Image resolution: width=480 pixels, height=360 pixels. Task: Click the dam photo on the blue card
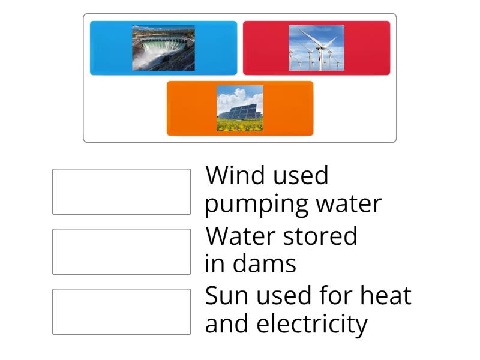click(x=163, y=48)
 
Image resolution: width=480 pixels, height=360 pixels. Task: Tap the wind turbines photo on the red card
click(x=316, y=48)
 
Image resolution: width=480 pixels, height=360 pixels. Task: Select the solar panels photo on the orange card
click(x=239, y=108)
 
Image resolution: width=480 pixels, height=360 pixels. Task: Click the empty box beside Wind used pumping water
click(x=121, y=191)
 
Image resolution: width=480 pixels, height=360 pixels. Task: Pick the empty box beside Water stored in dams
click(x=121, y=251)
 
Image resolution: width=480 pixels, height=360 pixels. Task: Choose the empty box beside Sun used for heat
click(x=121, y=311)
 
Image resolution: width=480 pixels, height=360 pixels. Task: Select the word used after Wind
click(x=299, y=176)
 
